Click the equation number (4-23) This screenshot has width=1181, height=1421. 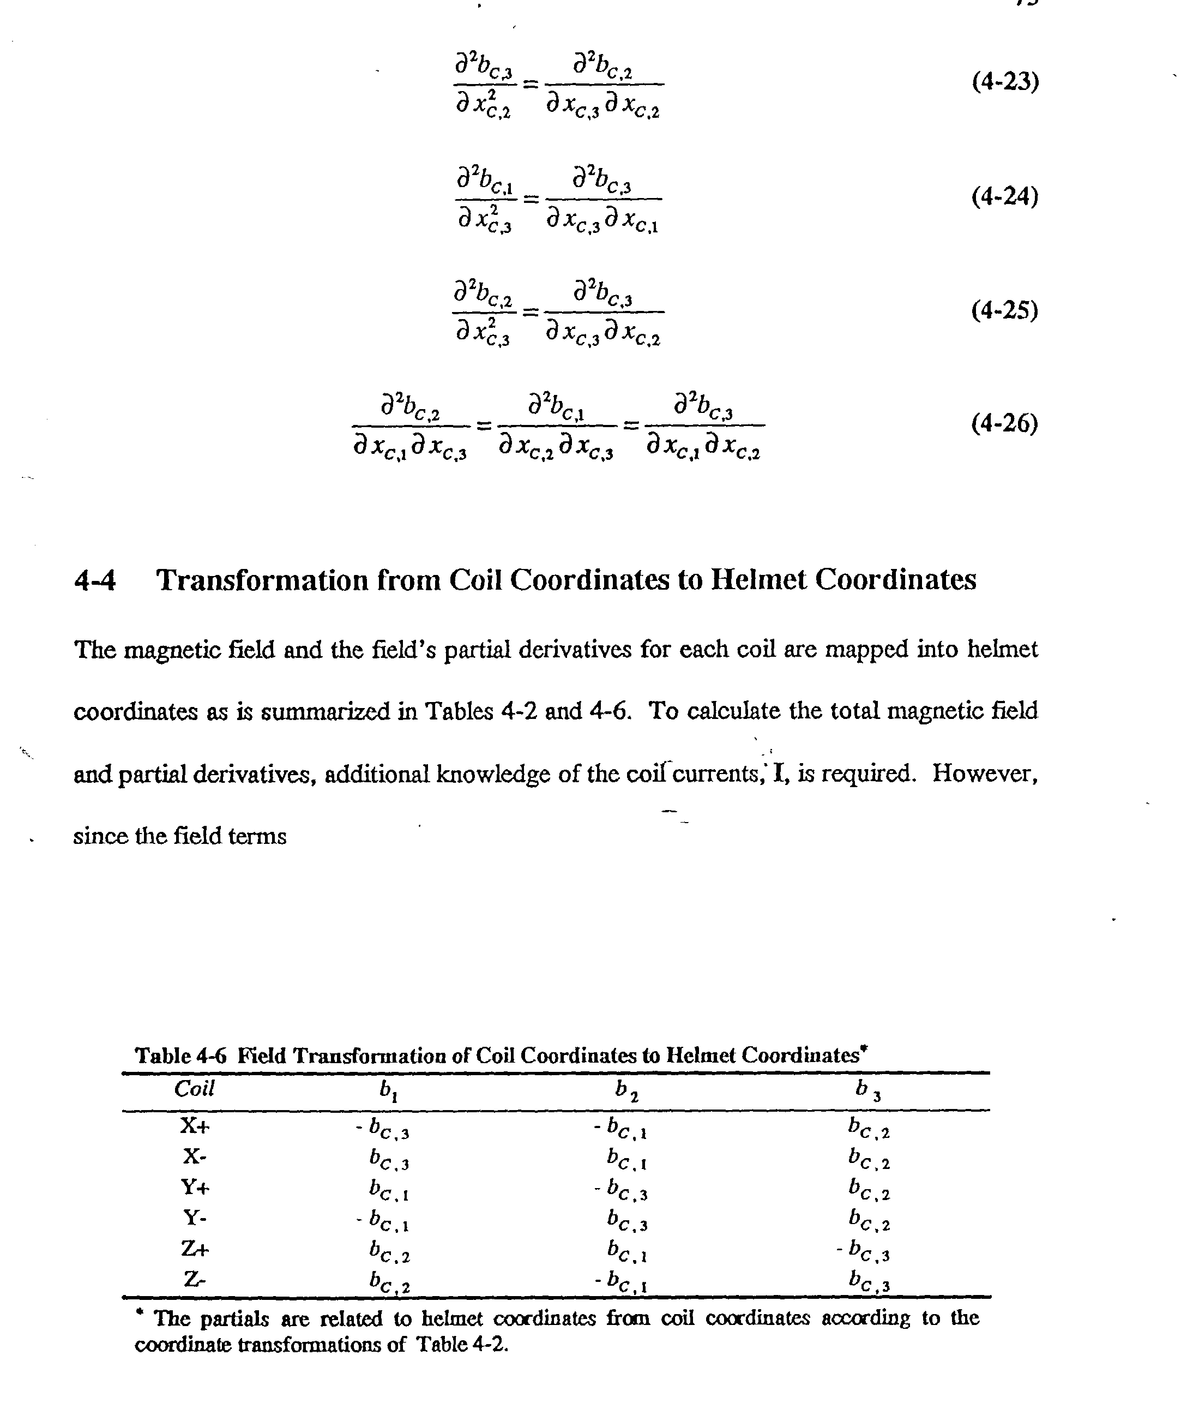tap(1004, 82)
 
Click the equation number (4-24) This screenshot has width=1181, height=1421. tap(1004, 197)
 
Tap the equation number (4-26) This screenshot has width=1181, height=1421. tap(1004, 424)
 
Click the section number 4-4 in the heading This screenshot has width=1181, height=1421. tap(95, 580)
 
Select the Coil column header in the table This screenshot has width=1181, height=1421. tap(194, 1089)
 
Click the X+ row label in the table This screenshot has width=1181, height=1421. tap(195, 1125)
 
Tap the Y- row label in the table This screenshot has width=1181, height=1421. tap(195, 1218)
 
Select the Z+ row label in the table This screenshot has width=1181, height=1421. tap(195, 1249)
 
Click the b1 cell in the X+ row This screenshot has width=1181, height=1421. tap(383, 1128)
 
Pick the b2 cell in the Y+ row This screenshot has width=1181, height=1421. tap(621, 1190)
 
